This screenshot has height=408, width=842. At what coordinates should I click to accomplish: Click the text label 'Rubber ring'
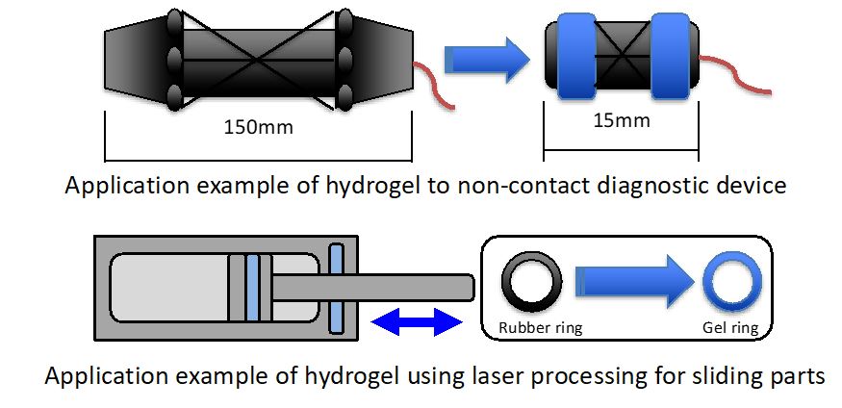[x=541, y=328]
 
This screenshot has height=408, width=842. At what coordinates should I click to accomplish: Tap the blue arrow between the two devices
[x=487, y=63]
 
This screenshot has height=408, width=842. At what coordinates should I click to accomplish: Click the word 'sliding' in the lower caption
[x=715, y=375]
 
